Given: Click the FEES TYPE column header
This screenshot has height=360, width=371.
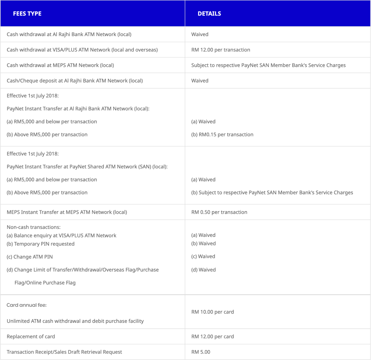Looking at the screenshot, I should (27, 14).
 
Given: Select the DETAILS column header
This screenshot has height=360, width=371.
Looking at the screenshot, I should (209, 14).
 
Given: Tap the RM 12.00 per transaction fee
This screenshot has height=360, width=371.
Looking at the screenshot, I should (221, 50).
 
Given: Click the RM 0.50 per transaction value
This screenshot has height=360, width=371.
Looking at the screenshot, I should (219, 212).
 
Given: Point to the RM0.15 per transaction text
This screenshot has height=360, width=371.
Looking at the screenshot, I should (222, 135).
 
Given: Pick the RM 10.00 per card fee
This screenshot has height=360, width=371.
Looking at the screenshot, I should (212, 312).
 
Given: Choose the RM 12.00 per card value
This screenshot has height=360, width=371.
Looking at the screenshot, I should (212, 337).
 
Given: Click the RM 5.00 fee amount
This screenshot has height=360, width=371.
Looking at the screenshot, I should (201, 352).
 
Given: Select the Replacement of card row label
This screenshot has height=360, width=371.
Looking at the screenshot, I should (31, 337).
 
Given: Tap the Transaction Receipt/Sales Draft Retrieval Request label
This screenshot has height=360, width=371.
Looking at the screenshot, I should (64, 352).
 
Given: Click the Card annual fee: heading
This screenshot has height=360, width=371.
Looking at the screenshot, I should (27, 305).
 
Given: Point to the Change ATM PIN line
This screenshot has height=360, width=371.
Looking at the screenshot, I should (28, 257).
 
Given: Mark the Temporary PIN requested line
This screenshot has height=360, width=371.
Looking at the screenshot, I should (41, 244).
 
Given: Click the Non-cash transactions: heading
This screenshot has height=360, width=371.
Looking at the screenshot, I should (34, 227).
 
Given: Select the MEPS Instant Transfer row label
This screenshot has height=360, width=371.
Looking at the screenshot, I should (67, 212).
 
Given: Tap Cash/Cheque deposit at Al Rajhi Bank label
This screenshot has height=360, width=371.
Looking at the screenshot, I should (75, 81).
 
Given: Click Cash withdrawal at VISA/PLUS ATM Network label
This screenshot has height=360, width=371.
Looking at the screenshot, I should (82, 50).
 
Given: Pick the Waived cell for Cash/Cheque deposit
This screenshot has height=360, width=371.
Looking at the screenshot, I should (200, 81).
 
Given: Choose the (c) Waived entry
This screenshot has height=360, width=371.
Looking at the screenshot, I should (203, 256).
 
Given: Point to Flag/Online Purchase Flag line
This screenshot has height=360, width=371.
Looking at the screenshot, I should (45, 283).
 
